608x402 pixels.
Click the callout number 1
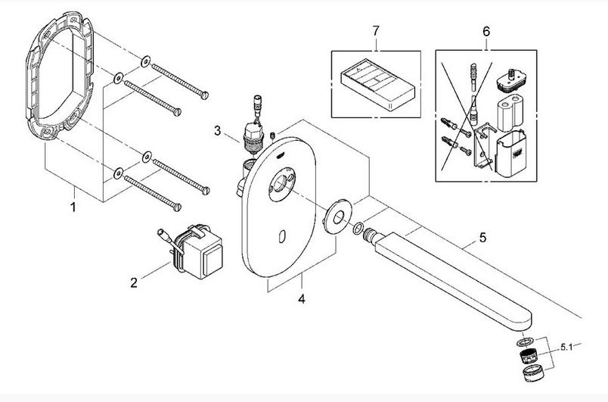point(73,207)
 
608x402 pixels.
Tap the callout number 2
point(134,282)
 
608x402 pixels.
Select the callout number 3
point(218,131)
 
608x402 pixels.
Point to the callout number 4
point(302,299)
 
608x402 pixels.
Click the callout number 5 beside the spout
point(482,237)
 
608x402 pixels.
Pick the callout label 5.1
point(566,347)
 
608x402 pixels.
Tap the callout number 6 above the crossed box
point(486,31)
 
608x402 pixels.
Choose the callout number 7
point(376,30)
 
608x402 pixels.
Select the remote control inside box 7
point(377,85)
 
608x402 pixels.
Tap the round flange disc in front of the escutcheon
point(338,216)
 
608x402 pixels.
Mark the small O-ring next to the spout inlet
point(358,228)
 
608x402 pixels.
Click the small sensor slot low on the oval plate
point(282,236)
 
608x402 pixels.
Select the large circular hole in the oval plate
point(281,183)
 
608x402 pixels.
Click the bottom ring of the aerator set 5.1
point(533,373)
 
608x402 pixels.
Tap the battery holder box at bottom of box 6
point(511,153)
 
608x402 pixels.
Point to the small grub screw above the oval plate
point(273,136)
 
